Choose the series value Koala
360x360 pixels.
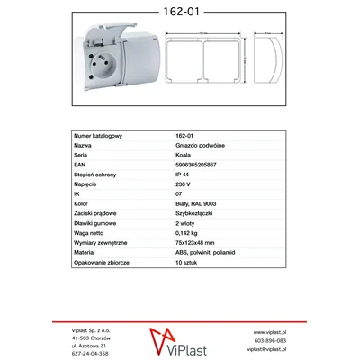(x=183, y=154)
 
